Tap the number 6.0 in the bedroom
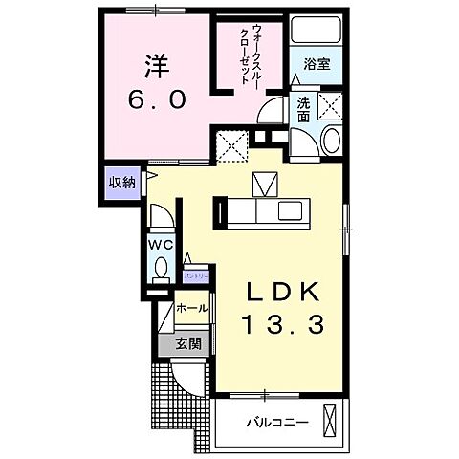(x=157, y=99)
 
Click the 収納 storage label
(x=120, y=182)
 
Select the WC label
(x=159, y=245)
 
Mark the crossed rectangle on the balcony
(x=332, y=421)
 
